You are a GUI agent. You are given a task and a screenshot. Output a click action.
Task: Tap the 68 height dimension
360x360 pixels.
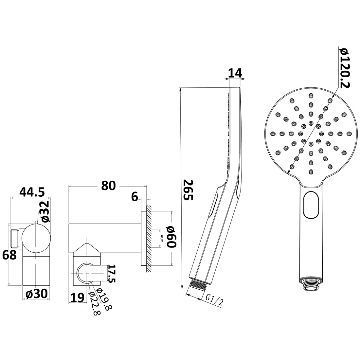9,255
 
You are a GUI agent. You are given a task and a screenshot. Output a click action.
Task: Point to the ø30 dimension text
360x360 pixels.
37,294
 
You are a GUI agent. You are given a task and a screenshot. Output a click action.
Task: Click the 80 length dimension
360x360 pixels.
109,185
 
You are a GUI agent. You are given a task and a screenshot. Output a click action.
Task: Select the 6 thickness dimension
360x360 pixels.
134,197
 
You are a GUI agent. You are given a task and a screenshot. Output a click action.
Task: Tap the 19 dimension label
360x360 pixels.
78,297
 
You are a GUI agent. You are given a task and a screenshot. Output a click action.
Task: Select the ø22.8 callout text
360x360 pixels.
95,303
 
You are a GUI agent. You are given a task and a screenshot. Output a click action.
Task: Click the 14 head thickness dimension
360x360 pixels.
235,73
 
